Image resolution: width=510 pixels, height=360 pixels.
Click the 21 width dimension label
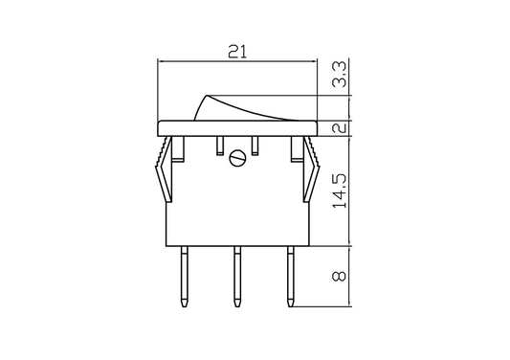pyautogui.click(x=237, y=52)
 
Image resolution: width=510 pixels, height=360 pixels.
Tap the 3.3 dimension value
pyautogui.click(x=340, y=75)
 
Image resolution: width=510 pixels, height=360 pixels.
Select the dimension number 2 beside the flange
pyautogui.click(x=340, y=127)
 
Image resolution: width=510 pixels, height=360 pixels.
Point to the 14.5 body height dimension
pyautogui.click(x=340, y=191)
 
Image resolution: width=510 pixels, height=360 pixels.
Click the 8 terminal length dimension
pyautogui.click(x=340, y=277)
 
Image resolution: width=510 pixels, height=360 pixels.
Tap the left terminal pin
pyautogui.click(x=185, y=277)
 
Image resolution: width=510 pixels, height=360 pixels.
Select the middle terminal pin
pyautogui.click(x=237, y=277)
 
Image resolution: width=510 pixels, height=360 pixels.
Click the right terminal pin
pyautogui.click(x=291, y=277)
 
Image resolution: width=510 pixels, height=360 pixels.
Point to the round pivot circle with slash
pyautogui.click(x=237, y=158)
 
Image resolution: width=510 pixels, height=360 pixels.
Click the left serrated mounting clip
pyautogui.click(x=165, y=169)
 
